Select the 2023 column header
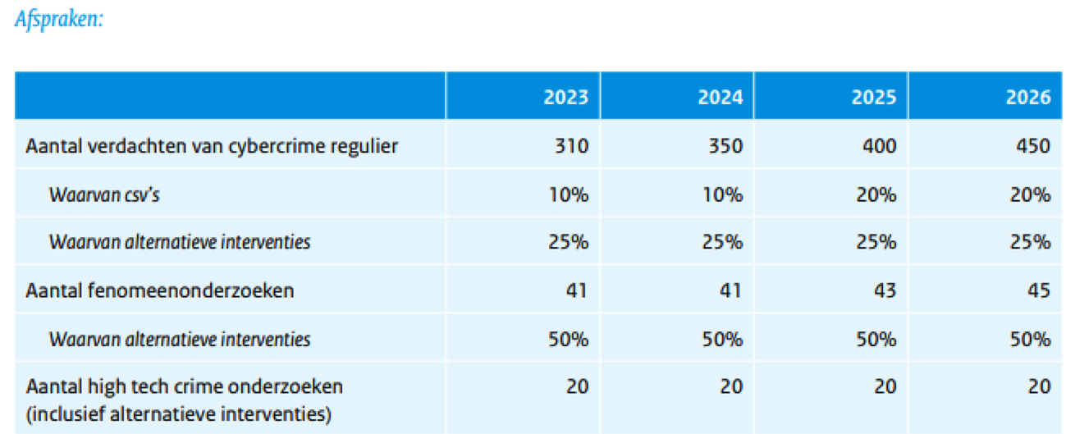pyautogui.click(x=565, y=97)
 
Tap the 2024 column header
pyautogui.click(x=720, y=97)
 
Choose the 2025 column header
pyautogui.click(x=874, y=97)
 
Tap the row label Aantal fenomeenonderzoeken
pyautogui.click(x=160, y=290)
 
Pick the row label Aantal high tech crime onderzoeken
pyautogui.click(x=185, y=386)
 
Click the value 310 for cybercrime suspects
pyautogui.click(x=571, y=146)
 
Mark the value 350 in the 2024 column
pyautogui.click(x=725, y=146)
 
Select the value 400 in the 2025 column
pyautogui.click(x=880, y=146)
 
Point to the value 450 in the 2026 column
pyautogui.click(x=1033, y=146)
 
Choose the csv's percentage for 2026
pyautogui.click(x=1032, y=194)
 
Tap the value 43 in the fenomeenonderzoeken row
pyautogui.click(x=885, y=290)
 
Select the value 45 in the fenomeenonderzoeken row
pyautogui.click(x=1039, y=290)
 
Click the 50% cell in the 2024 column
pyautogui.click(x=723, y=338)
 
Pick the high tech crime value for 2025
pyautogui.click(x=885, y=386)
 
